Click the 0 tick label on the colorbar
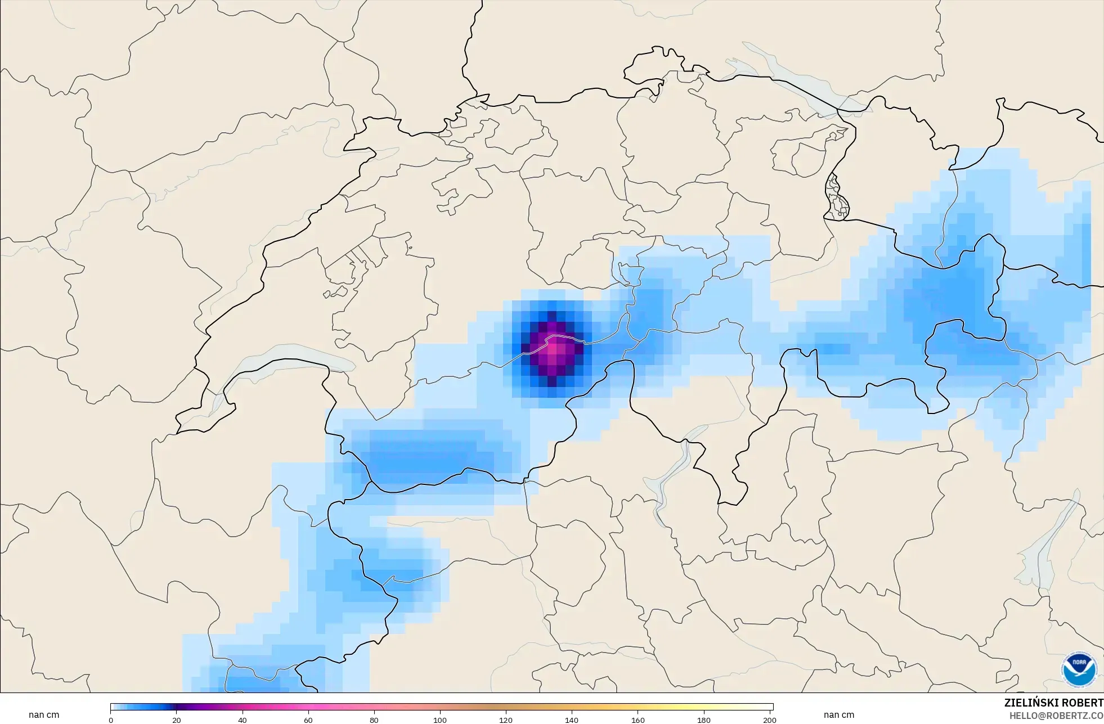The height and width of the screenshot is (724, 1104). point(111,720)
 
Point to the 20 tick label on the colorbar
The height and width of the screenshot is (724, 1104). point(177,720)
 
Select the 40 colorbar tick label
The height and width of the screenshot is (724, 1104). point(243,720)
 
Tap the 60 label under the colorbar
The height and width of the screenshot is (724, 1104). point(308,720)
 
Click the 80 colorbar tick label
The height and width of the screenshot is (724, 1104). point(374,720)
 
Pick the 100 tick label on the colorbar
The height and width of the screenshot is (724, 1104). point(440,720)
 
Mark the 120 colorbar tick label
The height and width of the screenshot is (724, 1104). point(506,720)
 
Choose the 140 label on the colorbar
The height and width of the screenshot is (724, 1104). point(572,720)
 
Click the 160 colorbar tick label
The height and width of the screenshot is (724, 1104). point(638,720)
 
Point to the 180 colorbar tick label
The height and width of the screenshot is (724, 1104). point(704,720)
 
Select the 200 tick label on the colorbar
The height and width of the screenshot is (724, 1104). point(770,720)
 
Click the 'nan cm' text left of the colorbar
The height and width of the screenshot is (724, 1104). point(44,715)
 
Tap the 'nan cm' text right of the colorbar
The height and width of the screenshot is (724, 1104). point(838,715)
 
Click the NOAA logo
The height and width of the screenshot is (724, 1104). point(1079,669)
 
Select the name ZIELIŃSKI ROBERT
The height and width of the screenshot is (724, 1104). point(1053,703)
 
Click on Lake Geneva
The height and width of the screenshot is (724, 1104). point(281,360)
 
